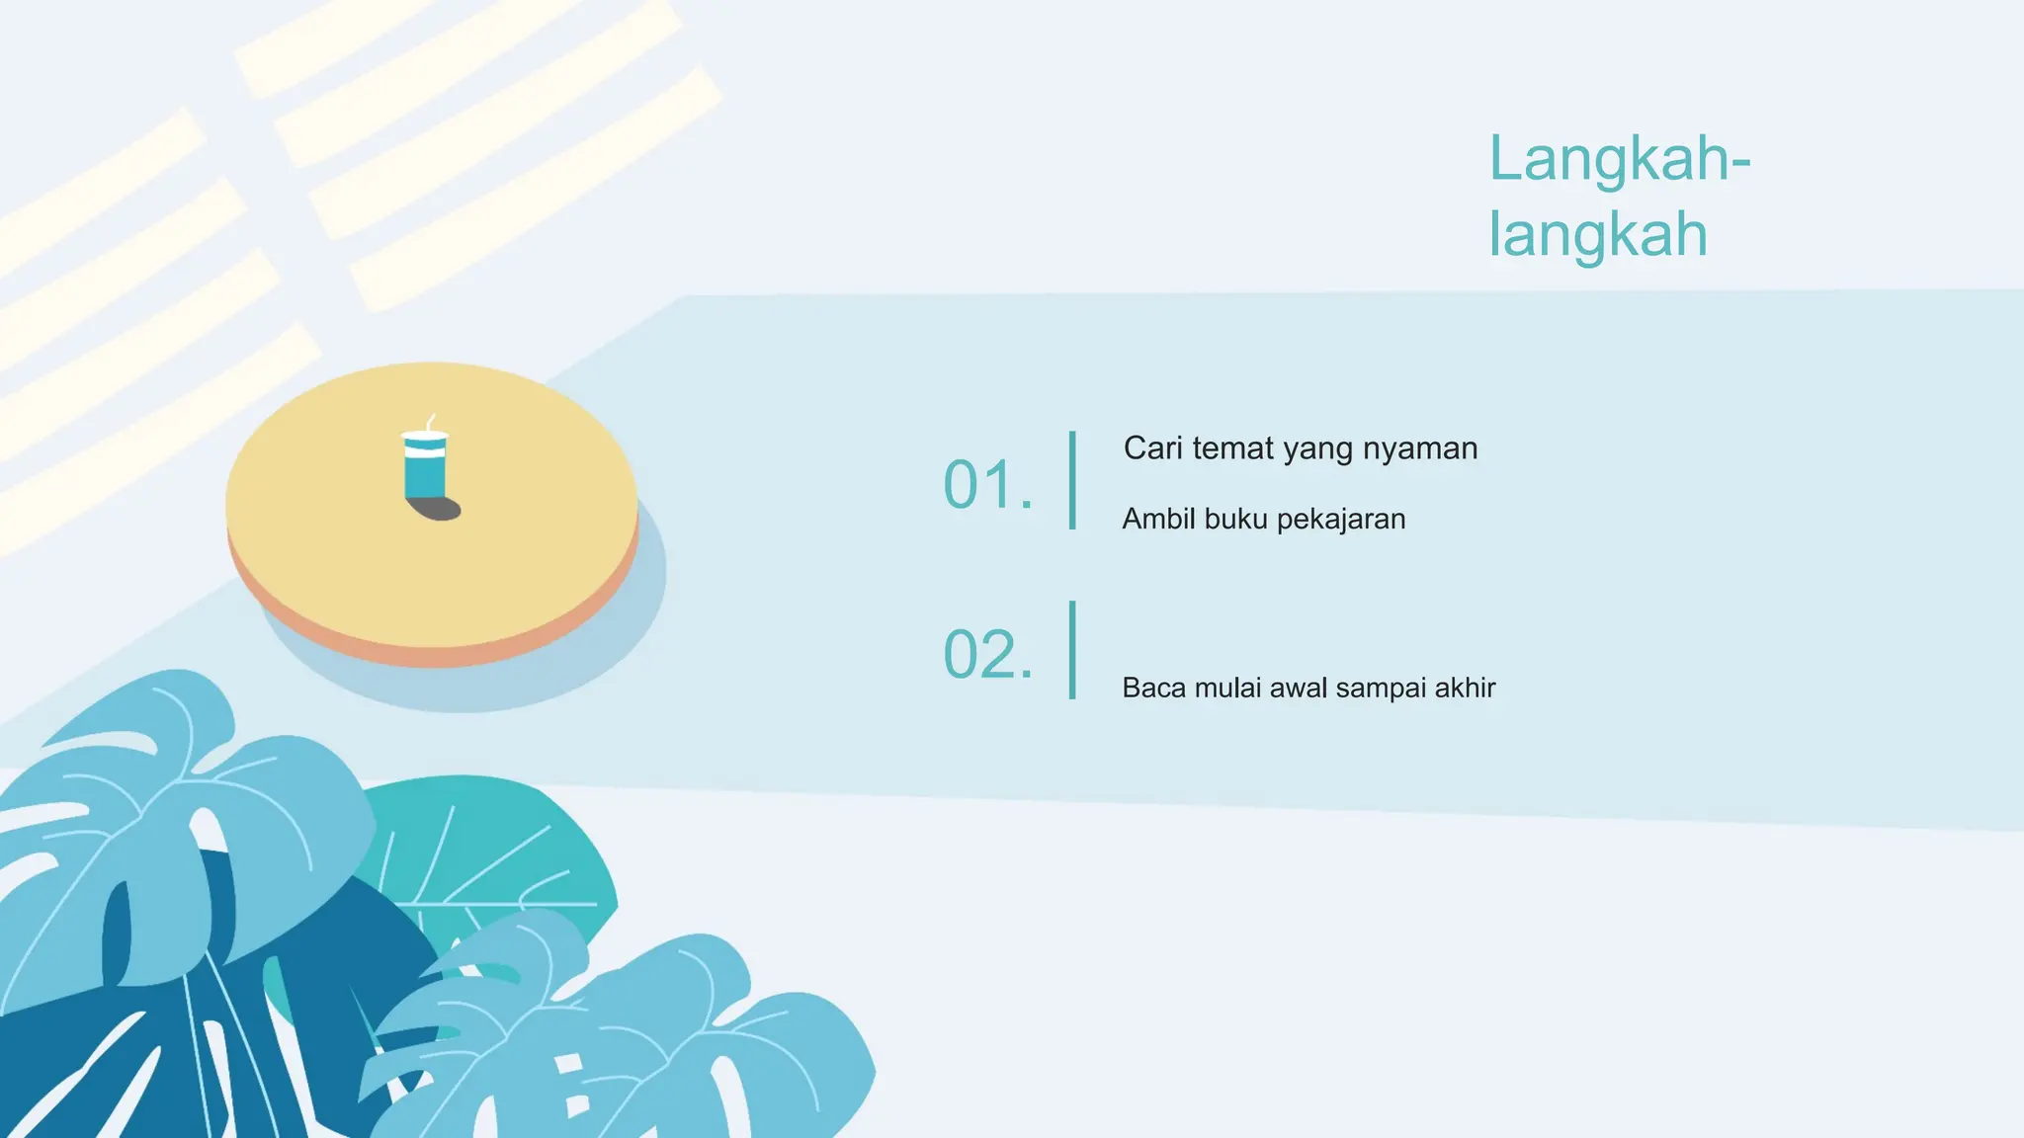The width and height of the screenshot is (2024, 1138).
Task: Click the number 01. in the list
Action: [987, 485]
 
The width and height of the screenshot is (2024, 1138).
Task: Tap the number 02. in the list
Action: [987, 655]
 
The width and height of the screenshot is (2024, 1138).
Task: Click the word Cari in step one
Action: [1152, 448]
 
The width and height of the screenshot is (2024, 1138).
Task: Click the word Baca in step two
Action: [1153, 688]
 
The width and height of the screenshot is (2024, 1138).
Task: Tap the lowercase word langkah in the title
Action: [1598, 234]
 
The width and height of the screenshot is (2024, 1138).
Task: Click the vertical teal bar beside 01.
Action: [1072, 480]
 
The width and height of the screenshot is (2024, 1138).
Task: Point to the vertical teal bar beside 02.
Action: [1072, 650]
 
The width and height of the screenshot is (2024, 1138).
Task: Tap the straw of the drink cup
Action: [430, 422]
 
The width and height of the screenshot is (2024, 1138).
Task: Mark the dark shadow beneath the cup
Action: [437, 509]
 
